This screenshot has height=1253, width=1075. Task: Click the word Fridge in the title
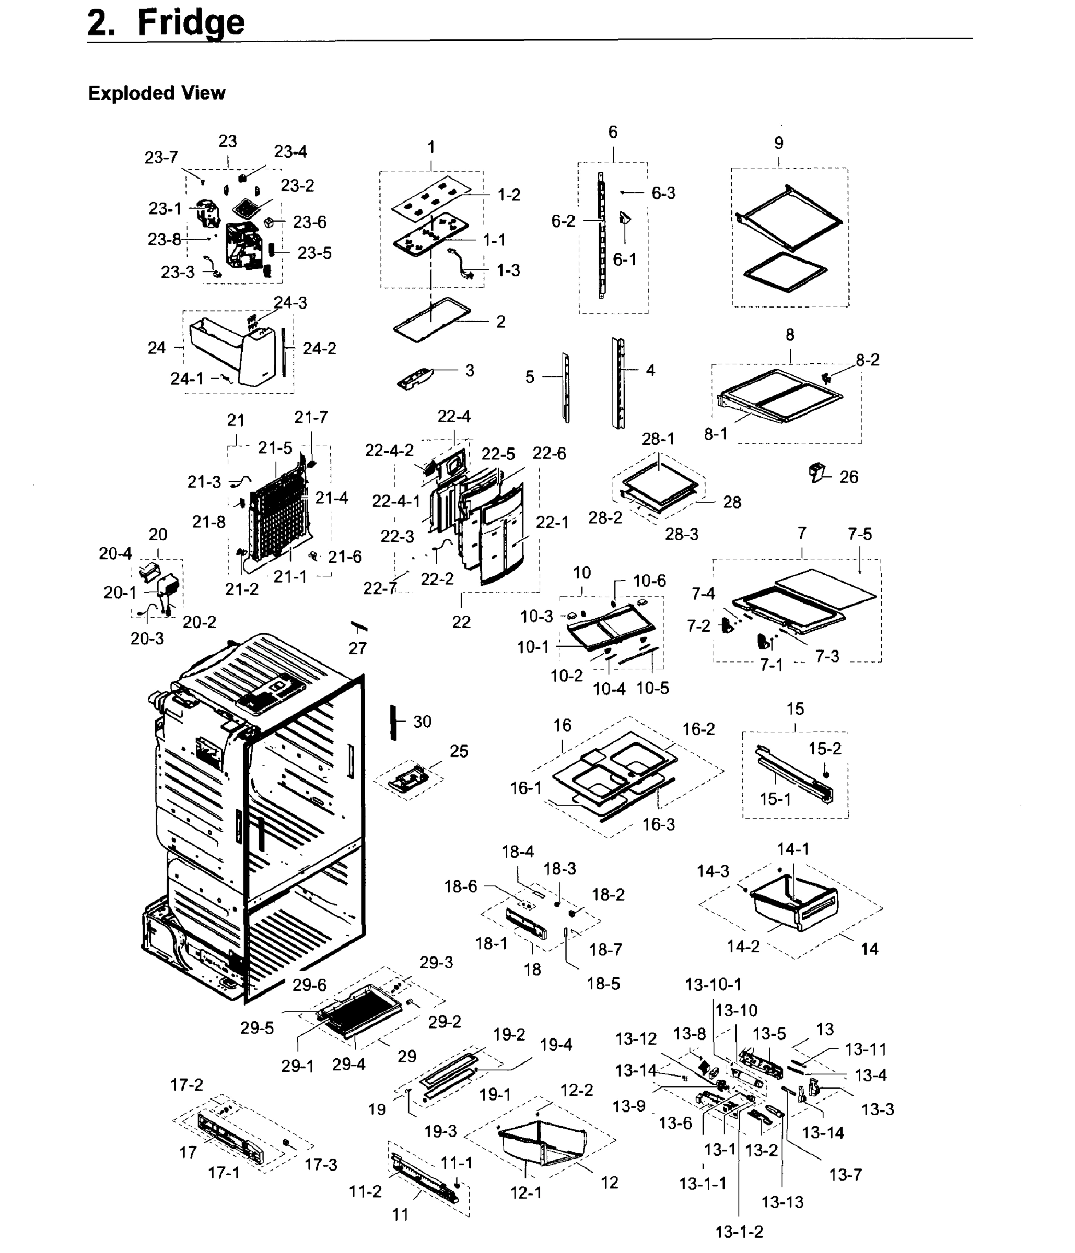[x=191, y=23]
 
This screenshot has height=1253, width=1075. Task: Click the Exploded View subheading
[x=157, y=93]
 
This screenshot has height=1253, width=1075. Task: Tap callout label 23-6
[x=309, y=222]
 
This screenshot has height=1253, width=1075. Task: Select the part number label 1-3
[x=508, y=270]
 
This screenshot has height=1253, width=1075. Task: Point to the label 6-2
[x=563, y=221]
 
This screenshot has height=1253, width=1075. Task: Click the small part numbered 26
[x=816, y=472]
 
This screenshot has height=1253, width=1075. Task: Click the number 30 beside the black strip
[x=422, y=722]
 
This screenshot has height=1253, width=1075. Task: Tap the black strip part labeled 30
[x=393, y=722]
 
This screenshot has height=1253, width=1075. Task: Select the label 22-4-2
[x=389, y=450]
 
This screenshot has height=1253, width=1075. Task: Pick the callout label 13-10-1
[x=712, y=985]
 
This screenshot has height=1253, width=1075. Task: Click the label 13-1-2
[x=739, y=1231]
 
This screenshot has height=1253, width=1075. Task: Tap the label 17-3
[x=321, y=1165]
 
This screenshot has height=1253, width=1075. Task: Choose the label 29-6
[x=309, y=985]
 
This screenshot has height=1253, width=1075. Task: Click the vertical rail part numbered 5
[x=566, y=387]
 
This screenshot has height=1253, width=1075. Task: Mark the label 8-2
[x=867, y=360]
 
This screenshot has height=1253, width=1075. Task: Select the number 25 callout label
[x=459, y=751]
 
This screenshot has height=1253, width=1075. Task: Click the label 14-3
[x=712, y=871]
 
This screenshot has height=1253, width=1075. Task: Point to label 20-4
[x=115, y=553]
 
